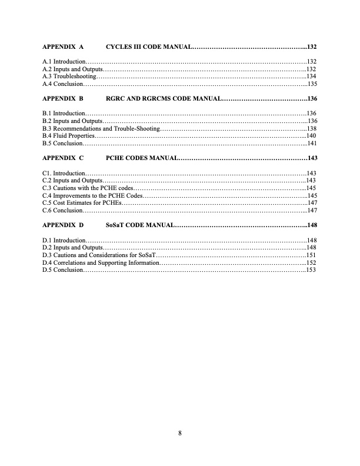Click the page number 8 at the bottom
point(180,434)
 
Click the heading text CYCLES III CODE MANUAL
point(149,46)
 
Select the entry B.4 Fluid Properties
point(65,135)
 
